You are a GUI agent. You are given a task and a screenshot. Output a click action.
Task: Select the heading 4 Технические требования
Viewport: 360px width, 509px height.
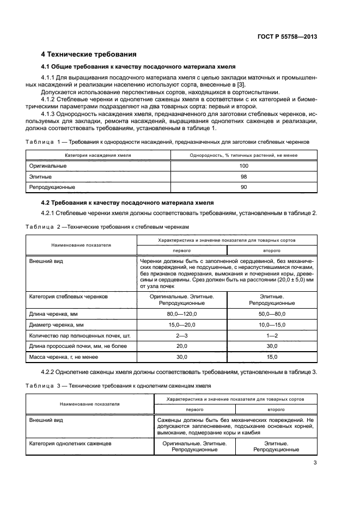click(89, 54)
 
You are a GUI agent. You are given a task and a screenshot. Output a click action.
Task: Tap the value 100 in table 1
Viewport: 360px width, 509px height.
click(243, 165)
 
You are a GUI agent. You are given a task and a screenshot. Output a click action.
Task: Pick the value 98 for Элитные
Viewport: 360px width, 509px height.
click(243, 176)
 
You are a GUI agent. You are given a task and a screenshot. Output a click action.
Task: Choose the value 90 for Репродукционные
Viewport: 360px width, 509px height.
click(243, 187)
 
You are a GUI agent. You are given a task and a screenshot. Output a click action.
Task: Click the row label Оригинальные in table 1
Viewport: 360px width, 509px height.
click(48, 165)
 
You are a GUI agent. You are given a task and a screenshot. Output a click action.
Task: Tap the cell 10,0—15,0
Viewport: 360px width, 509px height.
click(272, 325)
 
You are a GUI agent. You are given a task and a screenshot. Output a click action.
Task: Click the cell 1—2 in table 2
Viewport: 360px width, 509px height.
click(272, 335)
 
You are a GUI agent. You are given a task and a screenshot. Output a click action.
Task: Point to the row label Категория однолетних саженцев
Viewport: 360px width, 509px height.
click(70, 444)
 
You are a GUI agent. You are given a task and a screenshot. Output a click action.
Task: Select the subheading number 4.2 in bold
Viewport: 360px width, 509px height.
click(48, 203)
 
